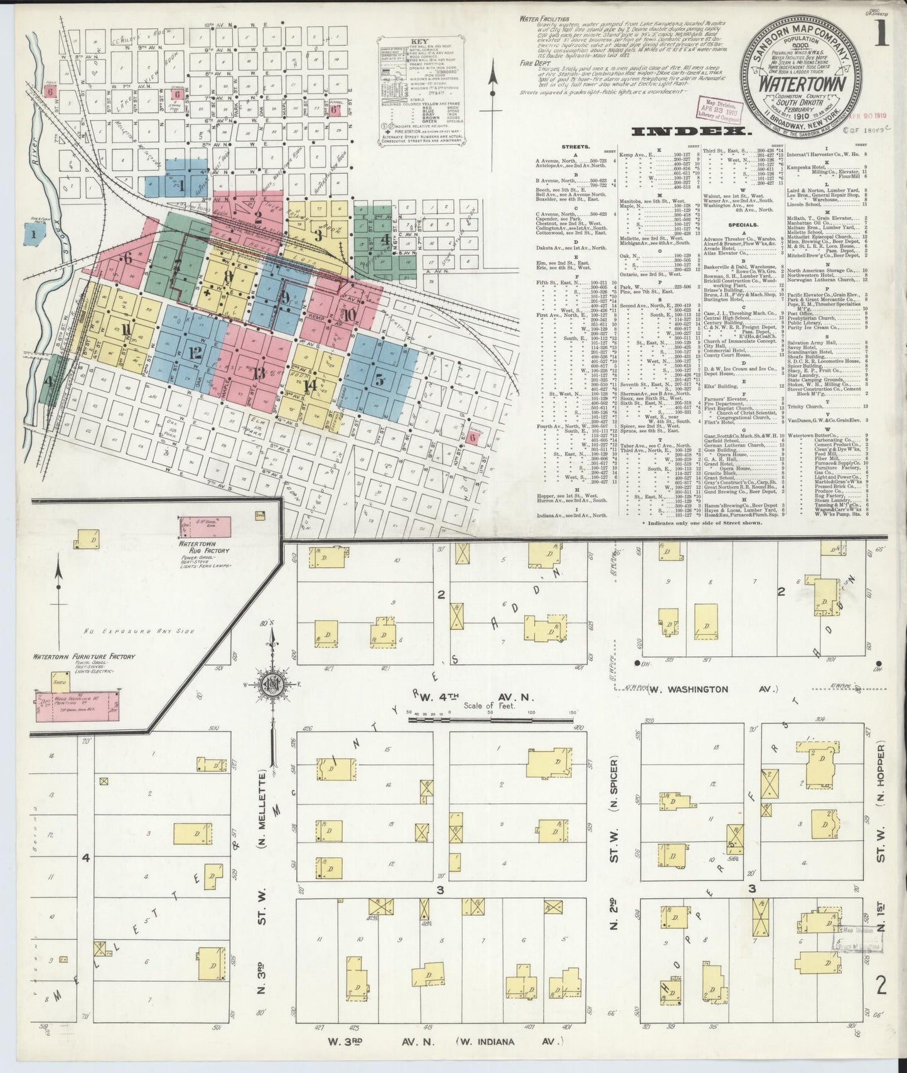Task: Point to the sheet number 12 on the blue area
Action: pos(195,353)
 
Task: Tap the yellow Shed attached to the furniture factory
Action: pos(60,683)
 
